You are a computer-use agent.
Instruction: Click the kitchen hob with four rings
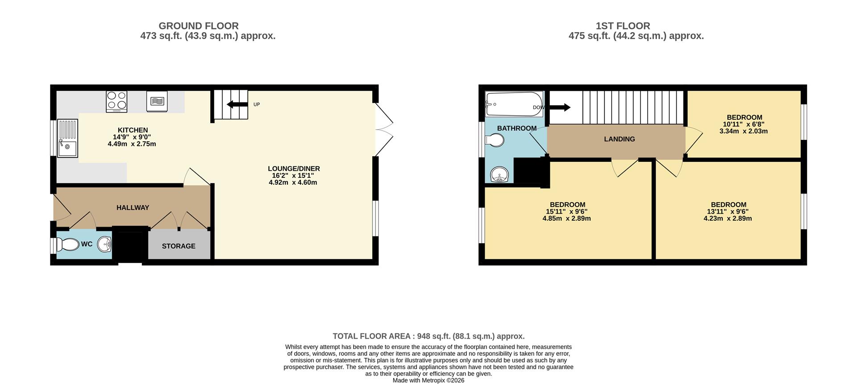click(x=116, y=101)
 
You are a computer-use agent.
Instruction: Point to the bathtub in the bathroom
click(x=514, y=104)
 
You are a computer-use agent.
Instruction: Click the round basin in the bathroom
click(x=499, y=174)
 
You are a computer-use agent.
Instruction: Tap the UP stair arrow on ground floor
click(x=237, y=105)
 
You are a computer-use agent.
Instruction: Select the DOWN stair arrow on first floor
click(x=560, y=107)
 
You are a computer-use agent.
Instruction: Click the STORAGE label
click(x=179, y=246)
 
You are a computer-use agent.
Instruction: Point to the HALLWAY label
click(x=133, y=207)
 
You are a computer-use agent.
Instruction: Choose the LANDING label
click(x=619, y=139)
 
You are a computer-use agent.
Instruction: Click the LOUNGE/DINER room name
click(x=294, y=169)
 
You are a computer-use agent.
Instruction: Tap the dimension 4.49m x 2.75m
click(x=132, y=144)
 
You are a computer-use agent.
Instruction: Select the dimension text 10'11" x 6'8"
click(x=744, y=124)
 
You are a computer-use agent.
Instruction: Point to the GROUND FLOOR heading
click(x=199, y=26)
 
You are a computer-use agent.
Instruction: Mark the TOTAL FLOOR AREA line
click(x=428, y=336)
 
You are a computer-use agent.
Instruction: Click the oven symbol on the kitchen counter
click(x=157, y=101)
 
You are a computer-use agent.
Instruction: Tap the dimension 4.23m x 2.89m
click(x=728, y=219)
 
